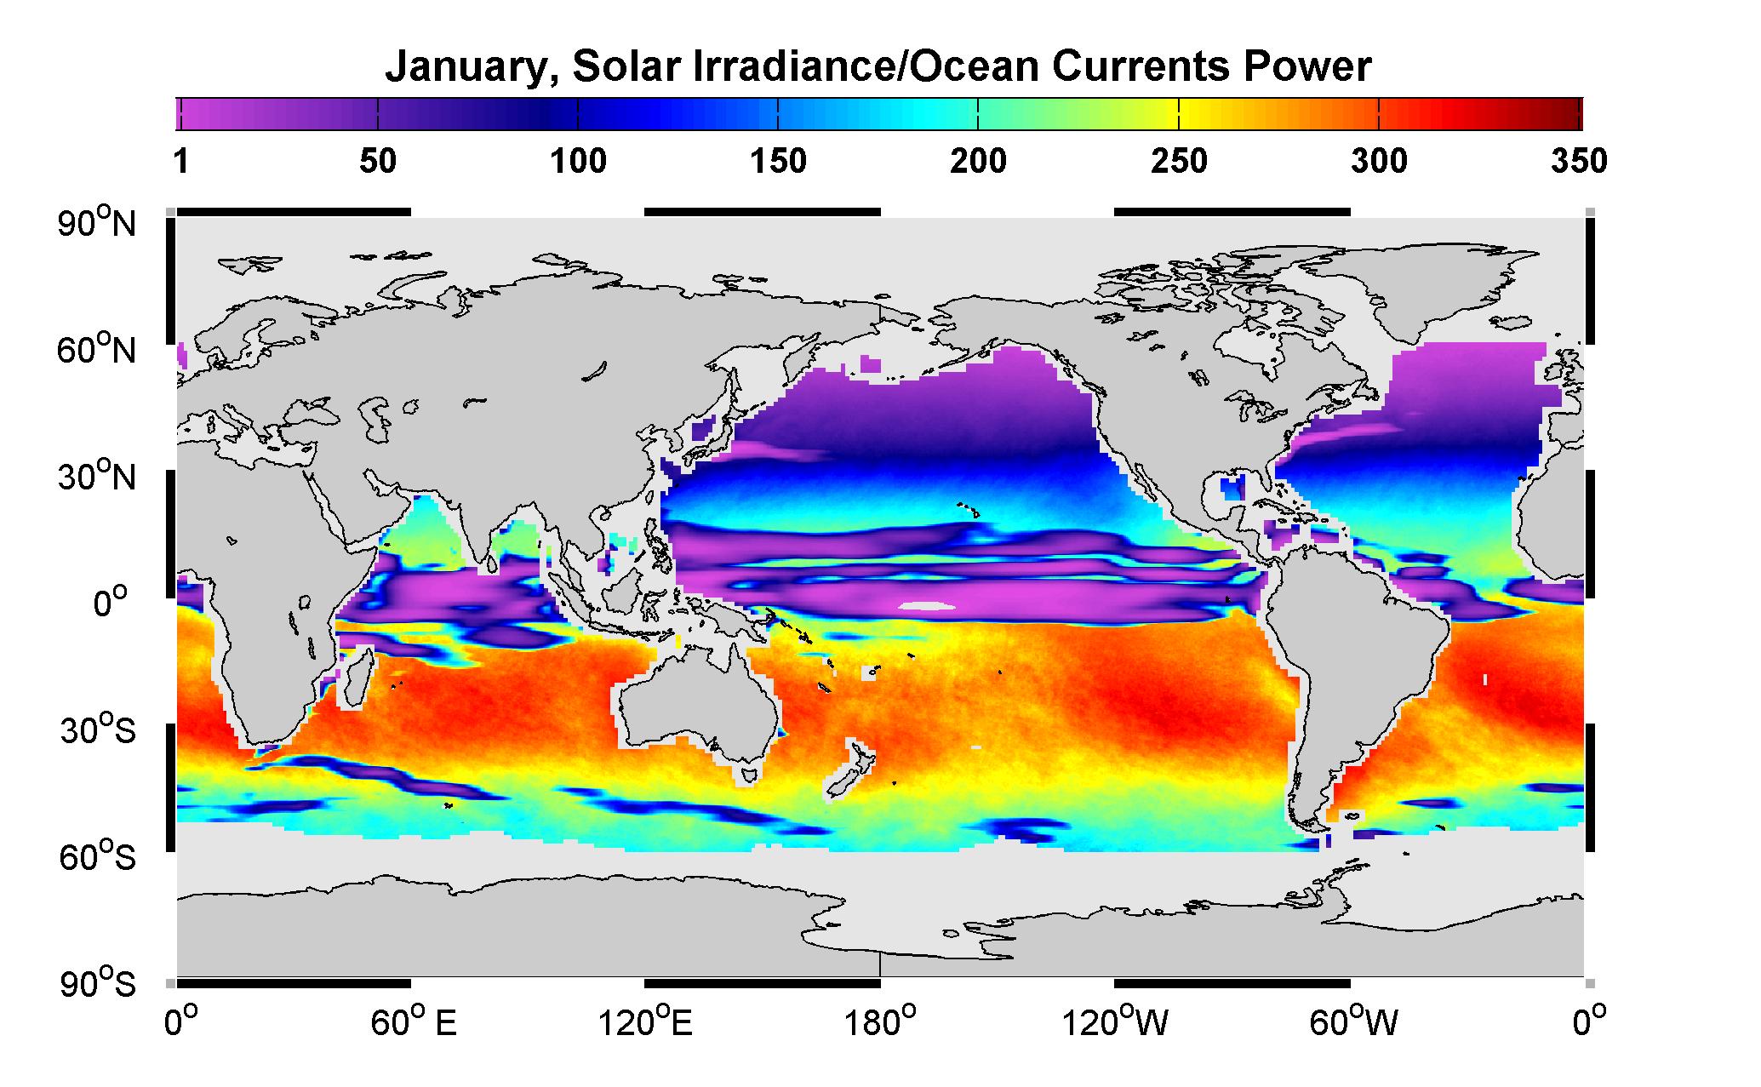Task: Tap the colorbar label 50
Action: [377, 161]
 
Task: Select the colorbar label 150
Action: [778, 161]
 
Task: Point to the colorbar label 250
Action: [1179, 161]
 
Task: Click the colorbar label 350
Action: [1579, 161]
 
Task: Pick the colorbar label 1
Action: [180, 161]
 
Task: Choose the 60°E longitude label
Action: [414, 1022]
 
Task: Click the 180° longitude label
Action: [878, 1022]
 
